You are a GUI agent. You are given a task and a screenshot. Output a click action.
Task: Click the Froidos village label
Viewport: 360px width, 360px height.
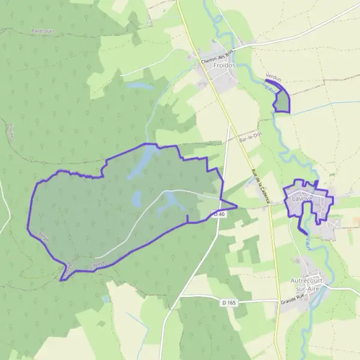click(224, 65)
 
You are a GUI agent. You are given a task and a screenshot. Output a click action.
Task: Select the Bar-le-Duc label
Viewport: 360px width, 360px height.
click(248, 138)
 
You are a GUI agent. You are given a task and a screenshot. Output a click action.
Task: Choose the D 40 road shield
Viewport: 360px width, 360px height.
click(220, 214)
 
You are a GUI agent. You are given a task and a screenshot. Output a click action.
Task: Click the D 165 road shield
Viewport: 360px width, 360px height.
click(229, 302)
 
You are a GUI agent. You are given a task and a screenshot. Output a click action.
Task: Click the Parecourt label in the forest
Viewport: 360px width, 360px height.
click(43, 29)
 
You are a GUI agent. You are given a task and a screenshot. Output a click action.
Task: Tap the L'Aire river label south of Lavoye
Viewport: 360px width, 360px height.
click(308, 243)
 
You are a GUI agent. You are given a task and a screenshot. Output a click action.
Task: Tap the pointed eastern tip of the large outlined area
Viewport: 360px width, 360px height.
click(236, 207)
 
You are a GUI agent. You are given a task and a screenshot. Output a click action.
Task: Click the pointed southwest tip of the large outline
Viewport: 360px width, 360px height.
click(61, 279)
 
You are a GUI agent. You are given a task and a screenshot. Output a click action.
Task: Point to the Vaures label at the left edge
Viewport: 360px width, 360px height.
click(11, 132)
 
